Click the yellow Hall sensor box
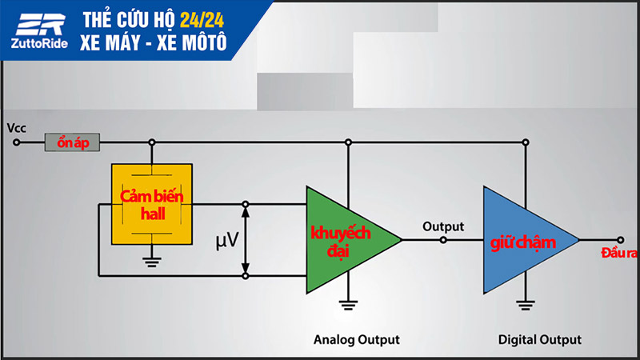(x=152, y=203)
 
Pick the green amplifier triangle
(x=345, y=238)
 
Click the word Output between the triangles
(x=442, y=226)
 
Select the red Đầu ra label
(x=618, y=254)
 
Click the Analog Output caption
(x=357, y=339)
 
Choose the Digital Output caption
(x=539, y=339)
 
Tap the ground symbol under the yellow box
(x=151, y=259)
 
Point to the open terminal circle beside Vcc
(x=16, y=143)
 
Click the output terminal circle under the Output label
(x=444, y=239)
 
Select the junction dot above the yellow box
(x=151, y=143)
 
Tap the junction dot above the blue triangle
(x=525, y=143)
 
